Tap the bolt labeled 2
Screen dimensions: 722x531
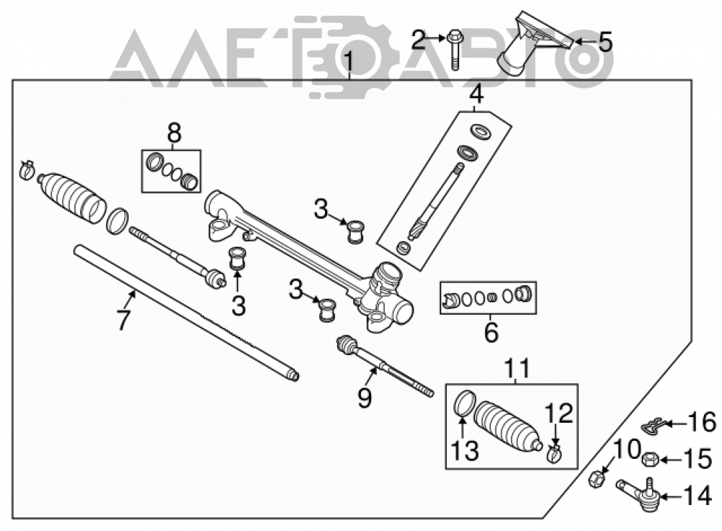pyautogui.click(x=454, y=50)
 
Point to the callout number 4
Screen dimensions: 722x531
pyautogui.click(x=477, y=94)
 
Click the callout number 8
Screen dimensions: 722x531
pyautogui.click(x=174, y=133)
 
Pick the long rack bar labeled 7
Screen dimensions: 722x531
pyautogui.click(x=186, y=313)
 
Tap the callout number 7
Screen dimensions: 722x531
pyautogui.click(x=123, y=320)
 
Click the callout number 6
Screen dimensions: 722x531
pyautogui.click(x=491, y=332)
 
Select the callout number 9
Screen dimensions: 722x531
pyautogui.click(x=365, y=398)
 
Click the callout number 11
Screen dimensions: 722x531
pyautogui.click(x=517, y=368)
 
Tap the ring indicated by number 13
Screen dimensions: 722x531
pyautogui.click(x=464, y=403)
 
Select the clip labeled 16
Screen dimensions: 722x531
pyautogui.click(x=653, y=426)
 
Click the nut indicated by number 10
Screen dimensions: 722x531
pyautogui.click(x=596, y=480)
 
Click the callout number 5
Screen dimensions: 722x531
pyautogui.click(x=605, y=42)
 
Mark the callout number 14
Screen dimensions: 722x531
pyautogui.click(x=698, y=497)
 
